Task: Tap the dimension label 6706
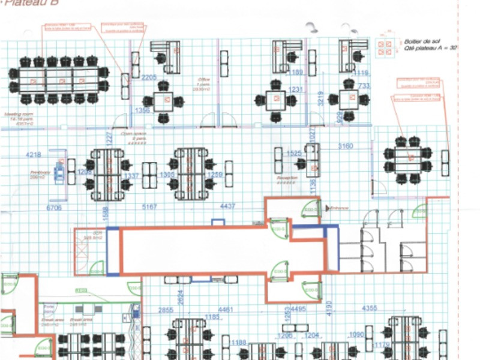(54, 208)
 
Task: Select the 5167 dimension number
(149, 207)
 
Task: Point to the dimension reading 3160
(346, 146)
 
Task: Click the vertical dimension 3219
(321, 98)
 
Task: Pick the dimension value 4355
(370, 309)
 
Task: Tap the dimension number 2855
(166, 310)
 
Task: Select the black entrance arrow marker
(327, 208)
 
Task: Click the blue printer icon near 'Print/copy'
(59, 172)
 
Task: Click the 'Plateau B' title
(23, 4)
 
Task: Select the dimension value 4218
(34, 155)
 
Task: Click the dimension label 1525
(293, 154)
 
